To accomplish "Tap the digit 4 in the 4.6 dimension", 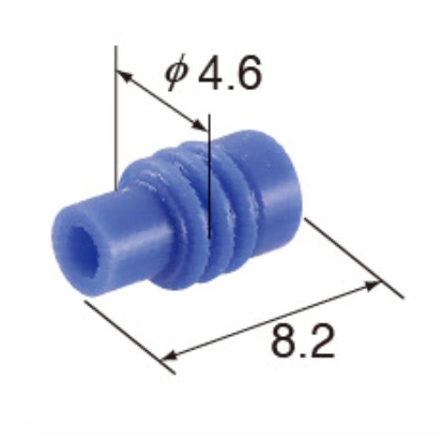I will pos(210,76).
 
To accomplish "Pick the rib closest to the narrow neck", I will pos(153,216).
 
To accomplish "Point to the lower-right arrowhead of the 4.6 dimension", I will pos(199,123).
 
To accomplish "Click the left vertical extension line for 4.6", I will pos(116,117).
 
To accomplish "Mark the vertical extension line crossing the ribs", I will pos(208,180).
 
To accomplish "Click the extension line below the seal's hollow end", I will pos(126,332).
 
